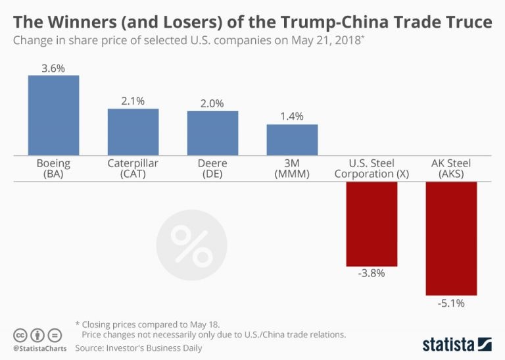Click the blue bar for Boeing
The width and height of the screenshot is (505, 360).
coord(53,115)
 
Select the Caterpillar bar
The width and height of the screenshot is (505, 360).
coord(133,132)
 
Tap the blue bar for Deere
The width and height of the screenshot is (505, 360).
coord(212,133)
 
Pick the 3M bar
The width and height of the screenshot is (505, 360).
coord(292,140)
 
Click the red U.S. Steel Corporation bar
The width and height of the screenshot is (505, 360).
coord(372,223)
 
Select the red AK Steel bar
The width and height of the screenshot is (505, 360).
coord(451,238)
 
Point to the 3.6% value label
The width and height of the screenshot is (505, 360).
coord(53,67)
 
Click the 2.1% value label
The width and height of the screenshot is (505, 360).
coord(133,101)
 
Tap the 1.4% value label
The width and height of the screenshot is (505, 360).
coord(292,116)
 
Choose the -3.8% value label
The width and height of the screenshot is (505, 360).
coord(372,273)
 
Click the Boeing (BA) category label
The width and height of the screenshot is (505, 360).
coord(53,168)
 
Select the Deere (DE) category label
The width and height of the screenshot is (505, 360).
coord(212,168)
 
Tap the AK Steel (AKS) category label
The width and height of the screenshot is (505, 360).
coord(451,168)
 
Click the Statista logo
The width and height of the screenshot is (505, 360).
coord(456,344)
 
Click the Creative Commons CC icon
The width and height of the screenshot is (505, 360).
coord(20,334)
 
